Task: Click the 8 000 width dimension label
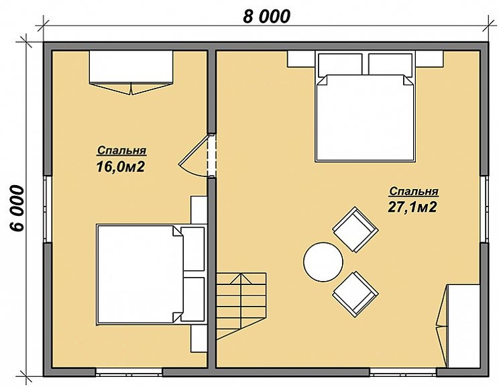point(267,17)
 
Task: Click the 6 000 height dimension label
point(17,208)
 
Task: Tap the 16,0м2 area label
point(121,166)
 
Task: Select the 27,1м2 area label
point(412,207)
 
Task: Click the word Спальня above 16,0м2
point(121,150)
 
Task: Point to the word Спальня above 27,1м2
point(414,191)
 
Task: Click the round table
point(323,262)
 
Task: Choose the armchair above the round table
point(355,229)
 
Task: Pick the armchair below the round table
point(355,294)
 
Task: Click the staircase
point(241,306)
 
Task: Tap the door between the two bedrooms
point(194,156)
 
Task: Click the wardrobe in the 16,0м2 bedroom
point(131,72)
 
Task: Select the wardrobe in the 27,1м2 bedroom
point(459,326)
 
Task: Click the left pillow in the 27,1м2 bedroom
point(340,64)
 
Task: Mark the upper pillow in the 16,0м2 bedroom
point(193,249)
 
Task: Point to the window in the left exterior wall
point(48,209)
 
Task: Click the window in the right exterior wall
point(484,209)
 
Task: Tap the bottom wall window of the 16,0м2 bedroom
point(129,372)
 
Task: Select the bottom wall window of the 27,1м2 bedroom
point(403,372)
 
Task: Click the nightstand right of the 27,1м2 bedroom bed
point(430,59)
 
